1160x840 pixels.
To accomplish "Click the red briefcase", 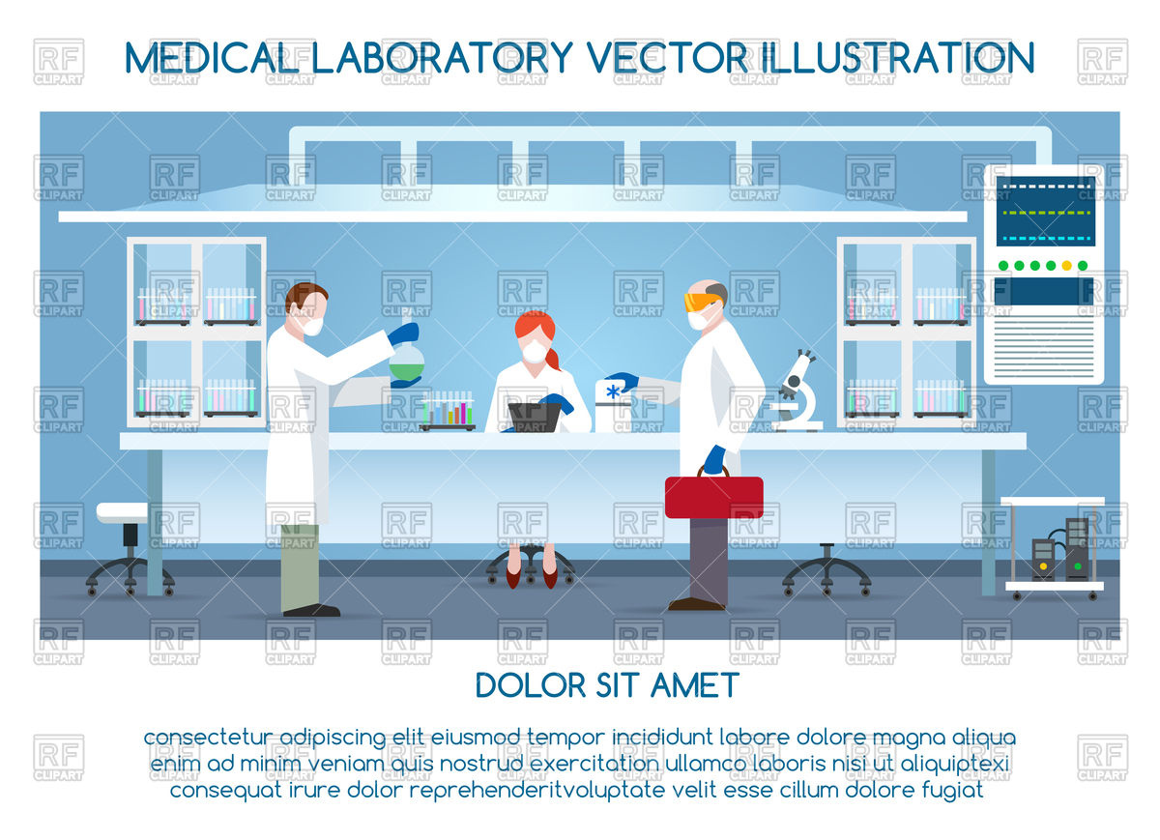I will point(713,497).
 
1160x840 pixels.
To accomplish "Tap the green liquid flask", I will point(406,364).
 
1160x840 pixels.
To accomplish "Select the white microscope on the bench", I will point(796,391).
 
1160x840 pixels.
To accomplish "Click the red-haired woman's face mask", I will point(534,353).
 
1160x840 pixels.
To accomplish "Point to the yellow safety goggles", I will point(701,301).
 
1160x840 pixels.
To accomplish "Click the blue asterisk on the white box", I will point(613,391).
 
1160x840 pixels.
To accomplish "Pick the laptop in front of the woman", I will point(535,417).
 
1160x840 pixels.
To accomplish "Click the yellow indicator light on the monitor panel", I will point(1067,265).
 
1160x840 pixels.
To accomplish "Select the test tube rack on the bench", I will point(448,413).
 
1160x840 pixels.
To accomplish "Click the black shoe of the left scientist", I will point(311,610).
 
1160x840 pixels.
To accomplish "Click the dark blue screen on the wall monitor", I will point(1045,212).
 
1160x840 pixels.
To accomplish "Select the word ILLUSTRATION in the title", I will point(898,58).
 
